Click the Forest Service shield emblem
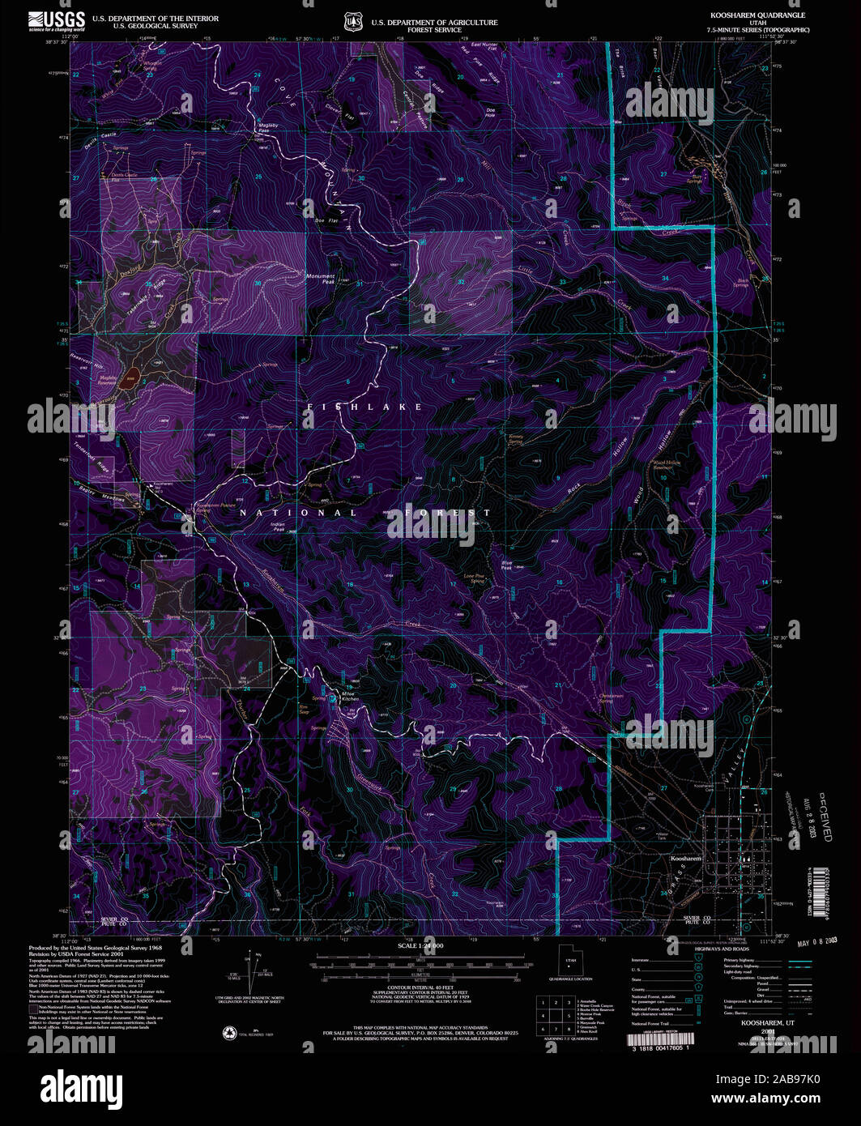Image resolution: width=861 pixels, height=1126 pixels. click(x=351, y=21)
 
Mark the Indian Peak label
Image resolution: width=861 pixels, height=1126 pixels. click(x=277, y=527)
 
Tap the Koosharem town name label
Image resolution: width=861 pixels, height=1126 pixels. click(x=685, y=858)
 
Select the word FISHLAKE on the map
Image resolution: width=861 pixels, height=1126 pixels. click(x=364, y=407)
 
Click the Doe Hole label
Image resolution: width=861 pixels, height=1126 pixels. click(x=490, y=113)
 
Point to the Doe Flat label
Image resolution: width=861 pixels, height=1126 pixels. click(x=326, y=220)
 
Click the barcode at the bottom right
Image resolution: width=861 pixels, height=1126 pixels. click(x=661, y=1039)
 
